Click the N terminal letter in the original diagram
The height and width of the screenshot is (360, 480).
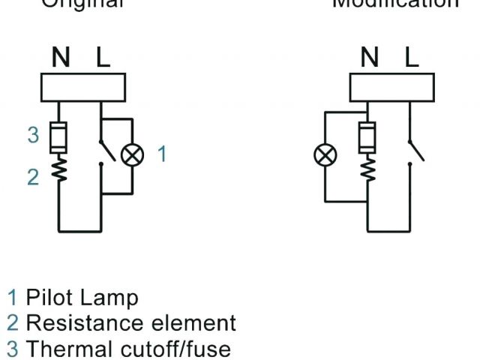coord(60,58)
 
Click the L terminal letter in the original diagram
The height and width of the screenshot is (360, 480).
coord(101,58)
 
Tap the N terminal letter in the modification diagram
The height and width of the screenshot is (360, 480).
coord(370,58)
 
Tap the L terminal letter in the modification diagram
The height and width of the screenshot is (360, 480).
coord(411,58)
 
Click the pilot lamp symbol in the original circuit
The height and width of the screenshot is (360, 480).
coord(133,155)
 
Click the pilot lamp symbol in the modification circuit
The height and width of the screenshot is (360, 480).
coord(325,156)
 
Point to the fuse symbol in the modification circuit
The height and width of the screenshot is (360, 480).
coord(368,136)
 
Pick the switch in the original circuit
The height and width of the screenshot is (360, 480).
coord(106,150)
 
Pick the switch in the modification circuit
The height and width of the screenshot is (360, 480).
coord(415,150)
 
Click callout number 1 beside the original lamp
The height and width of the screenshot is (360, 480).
coord(162,154)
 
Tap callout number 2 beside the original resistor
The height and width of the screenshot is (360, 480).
coord(32,178)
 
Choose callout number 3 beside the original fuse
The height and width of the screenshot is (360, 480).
coord(32,135)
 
